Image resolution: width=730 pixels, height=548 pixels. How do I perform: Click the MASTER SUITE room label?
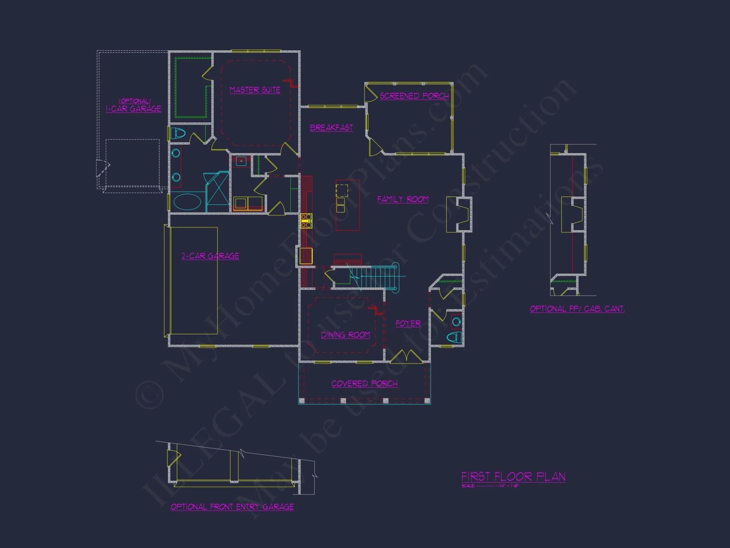pyautogui.click(x=255, y=90)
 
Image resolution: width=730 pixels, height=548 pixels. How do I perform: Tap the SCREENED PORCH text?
pyautogui.click(x=414, y=96)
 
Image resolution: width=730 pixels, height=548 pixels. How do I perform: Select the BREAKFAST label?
pyautogui.click(x=331, y=128)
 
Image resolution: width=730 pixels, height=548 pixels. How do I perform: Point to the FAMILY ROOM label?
pyautogui.click(x=403, y=199)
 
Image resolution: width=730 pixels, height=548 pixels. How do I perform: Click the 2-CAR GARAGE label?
pyautogui.click(x=210, y=256)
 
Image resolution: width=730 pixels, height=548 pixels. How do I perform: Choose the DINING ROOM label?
pyautogui.click(x=345, y=335)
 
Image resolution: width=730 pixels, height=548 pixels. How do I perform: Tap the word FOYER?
pyautogui.click(x=408, y=324)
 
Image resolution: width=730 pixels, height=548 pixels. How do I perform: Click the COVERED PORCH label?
pyautogui.click(x=364, y=384)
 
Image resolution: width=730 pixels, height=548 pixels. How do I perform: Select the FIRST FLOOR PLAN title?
pyautogui.click(x=513, y=476)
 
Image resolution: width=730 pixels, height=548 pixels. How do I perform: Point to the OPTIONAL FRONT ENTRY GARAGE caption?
pyautogui.click(x=232, y=507)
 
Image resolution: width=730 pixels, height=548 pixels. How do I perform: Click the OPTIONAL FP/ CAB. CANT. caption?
pyautogui.click(x=577, y=309)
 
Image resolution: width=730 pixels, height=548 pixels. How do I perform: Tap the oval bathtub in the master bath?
pyautogui.click(x=187, y=202)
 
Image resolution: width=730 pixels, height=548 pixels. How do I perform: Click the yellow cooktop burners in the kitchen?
pyautogui.click(x=306, y=221)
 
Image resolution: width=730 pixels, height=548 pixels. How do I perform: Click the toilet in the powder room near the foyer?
pyautogui.click(x=454, y=337)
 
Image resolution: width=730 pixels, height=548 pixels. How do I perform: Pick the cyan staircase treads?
pyautogui.click(x=380, y=277)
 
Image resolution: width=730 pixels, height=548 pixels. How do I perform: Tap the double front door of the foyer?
pyautogui.click(x=407, y=356)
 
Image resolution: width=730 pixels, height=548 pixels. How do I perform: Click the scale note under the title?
pyautogui.click(x=490, y=486)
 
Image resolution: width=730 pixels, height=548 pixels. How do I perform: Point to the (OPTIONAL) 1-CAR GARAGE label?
pyautogui.click(x=134, y=106)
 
